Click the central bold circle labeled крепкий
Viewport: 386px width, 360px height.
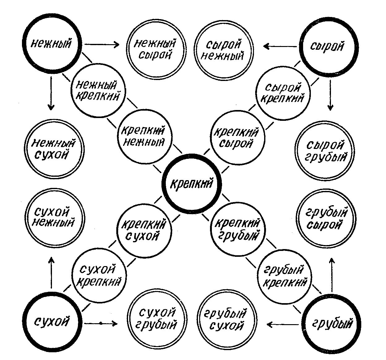pos(192,184)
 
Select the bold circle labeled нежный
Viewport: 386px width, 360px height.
pos(51,44)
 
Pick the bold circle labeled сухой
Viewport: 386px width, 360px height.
pos(51,322)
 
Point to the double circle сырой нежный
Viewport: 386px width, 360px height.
pos(224,50)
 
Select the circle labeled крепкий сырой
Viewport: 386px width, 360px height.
pos(238,138)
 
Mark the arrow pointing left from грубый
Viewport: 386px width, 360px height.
pos(283,324)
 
